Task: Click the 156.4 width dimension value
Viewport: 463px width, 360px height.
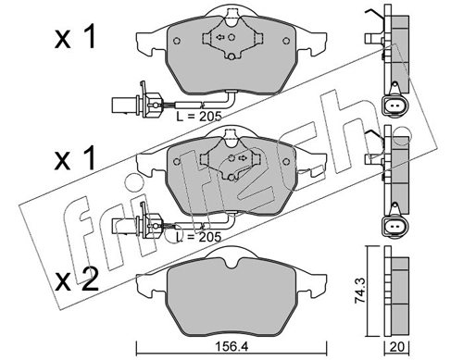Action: tap(232, 347)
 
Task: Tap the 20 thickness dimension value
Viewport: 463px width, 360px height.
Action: tap(396, 347)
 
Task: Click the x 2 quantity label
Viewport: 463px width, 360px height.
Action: tap(76, 280)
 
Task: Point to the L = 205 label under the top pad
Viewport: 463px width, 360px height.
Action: tap(199, 117)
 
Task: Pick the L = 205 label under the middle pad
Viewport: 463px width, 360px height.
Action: tap(199, 237)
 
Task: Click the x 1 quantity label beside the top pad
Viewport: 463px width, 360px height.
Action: tap(75, 38)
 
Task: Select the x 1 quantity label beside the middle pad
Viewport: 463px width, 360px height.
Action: tap(75, 158)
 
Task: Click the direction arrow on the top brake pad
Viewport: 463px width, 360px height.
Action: tap(220, 37)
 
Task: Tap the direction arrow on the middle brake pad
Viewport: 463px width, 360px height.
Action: tap(243, 158)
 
